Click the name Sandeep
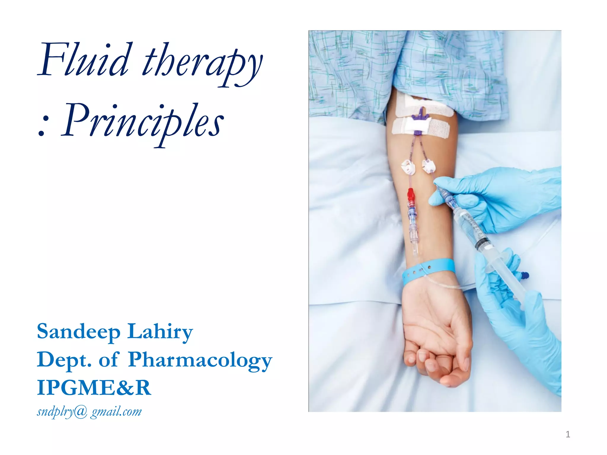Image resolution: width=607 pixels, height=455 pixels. [x=79, y=332]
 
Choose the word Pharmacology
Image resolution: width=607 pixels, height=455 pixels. [x=200, y=360]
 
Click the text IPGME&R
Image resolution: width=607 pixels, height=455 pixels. [x=94, y=388]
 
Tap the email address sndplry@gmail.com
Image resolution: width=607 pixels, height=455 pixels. [x=89, y=411]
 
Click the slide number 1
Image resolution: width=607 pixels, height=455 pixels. [x=568, y=434]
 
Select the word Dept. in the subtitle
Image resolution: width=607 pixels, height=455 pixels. [x=64, y=360]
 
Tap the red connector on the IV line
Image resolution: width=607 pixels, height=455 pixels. [x=411, y=196]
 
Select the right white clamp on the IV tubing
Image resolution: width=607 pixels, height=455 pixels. [x=428, y=166]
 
